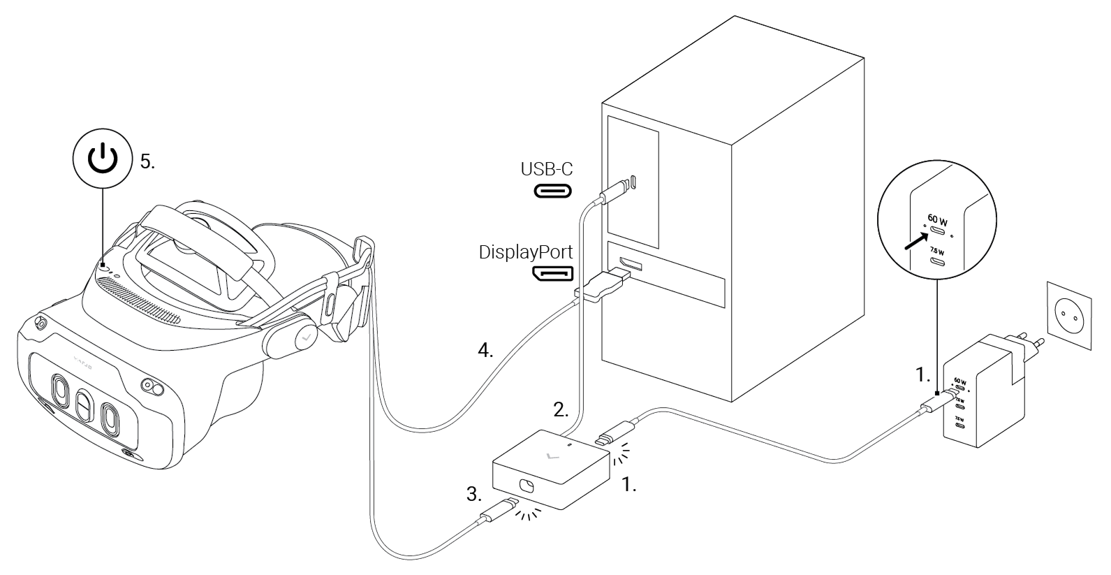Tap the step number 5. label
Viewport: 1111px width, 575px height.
[147, 162]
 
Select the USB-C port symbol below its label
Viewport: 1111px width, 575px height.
[553, 190]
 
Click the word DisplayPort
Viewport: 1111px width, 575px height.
[527, 252]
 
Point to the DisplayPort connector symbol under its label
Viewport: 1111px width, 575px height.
[553, 272]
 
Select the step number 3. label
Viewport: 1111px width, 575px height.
[474, 495]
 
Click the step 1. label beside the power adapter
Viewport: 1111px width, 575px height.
[922, 376]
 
